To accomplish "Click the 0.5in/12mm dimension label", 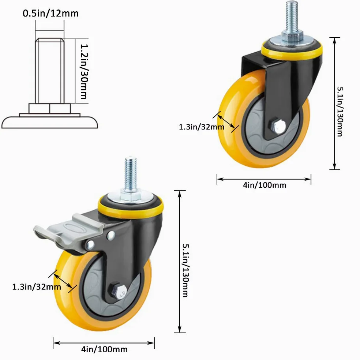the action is coord(50,13).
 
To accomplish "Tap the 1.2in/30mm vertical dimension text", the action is coord(84,71).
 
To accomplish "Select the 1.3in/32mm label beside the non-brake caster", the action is coord(201,127).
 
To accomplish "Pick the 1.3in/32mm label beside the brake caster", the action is coord(37,287).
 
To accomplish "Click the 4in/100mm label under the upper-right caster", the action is coord(265,185).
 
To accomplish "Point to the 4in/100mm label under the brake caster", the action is coord(104,349).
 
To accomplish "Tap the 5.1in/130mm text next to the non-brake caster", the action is coord(340,112).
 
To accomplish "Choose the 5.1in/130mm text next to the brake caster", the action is coord(185,270).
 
